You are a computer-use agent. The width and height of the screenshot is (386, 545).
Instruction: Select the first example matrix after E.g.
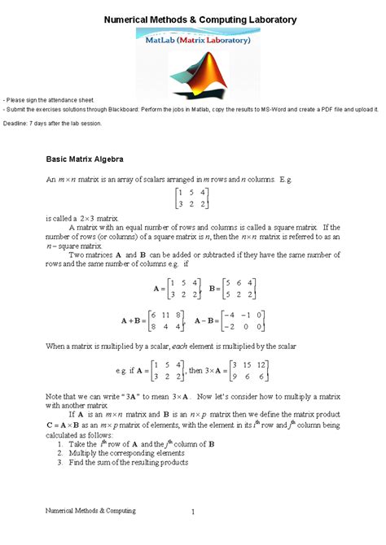pos(192,200)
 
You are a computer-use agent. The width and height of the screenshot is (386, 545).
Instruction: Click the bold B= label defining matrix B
pos(215,289)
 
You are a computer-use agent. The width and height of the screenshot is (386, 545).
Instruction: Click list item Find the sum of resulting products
pos(123,462)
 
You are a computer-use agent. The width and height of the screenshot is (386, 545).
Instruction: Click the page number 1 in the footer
pos(194,512)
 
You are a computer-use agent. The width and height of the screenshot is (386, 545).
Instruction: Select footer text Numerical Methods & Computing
pos(90,509)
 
